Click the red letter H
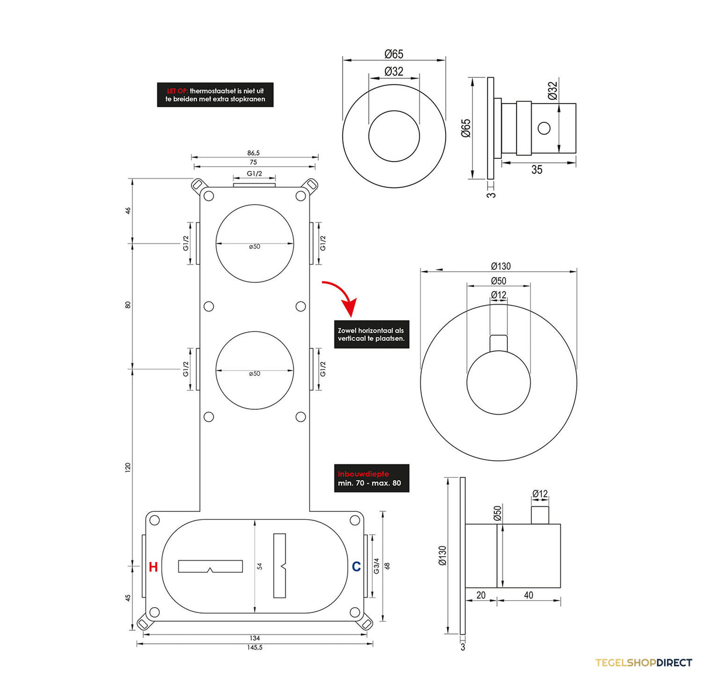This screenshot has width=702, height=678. [x=153, y=567]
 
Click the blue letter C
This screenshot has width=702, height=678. [x=356, y=566]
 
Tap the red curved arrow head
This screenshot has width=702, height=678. [x=350, y=307]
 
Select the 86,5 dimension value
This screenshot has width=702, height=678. [x=253, y=153]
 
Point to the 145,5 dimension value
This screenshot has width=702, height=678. [x=254, y=648]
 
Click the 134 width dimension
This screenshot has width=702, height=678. [x=254, y=638]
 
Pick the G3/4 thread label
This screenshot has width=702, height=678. [x=377, y=566]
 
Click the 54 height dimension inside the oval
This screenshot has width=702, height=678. [x=259, y=566]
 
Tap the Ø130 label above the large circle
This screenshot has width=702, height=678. [x=501, y=266]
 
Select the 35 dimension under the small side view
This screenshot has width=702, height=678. [x=537, y=170]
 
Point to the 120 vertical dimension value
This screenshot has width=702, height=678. [x=128, y=468]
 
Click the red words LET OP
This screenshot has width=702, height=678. [x=177, y=91]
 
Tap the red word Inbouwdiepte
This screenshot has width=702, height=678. [x=363, y=474]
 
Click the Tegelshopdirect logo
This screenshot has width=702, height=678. [x=643, y=663]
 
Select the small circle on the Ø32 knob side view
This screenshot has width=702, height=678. [x=544, y=128]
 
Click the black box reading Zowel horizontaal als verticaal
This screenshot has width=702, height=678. [x=371, y=334]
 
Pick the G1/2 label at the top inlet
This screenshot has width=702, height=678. [x=254, y=174]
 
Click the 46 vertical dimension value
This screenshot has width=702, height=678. [x=128, y=211]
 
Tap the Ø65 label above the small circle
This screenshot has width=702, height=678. [x=394, y=54]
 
